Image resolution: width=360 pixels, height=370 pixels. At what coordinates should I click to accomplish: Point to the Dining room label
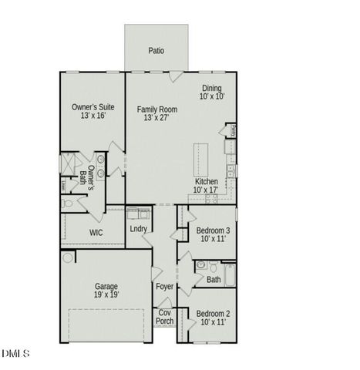coord(211,92)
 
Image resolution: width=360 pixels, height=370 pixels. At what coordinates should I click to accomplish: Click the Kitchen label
coord(207,185)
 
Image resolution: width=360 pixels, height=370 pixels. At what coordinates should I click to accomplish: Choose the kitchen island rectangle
coord(201,157)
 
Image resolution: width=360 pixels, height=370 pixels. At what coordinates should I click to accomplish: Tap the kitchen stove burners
coord(230,170)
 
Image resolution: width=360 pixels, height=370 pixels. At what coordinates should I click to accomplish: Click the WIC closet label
coord(96,232)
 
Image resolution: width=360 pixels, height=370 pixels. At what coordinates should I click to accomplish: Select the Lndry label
coord(139,229)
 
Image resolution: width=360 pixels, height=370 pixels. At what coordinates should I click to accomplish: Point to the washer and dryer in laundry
coord(139,213)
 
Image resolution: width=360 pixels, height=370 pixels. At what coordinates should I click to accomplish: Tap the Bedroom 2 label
coord(211,317)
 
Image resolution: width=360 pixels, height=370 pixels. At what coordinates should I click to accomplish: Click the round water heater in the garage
coord(68,257)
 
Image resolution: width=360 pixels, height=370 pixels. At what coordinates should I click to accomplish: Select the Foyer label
coord(164,287)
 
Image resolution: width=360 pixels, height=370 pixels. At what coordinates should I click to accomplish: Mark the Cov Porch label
coord(165,316)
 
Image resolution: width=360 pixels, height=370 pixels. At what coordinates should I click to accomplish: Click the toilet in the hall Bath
coord(200,265)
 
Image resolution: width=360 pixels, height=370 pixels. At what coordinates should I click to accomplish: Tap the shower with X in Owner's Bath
coord(68,163)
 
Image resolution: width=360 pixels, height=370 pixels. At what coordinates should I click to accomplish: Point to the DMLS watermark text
coord(15,353)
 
